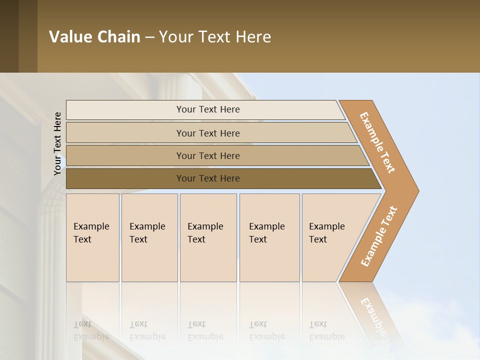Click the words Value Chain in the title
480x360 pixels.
[94, 37]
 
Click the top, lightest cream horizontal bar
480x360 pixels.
[125, 110]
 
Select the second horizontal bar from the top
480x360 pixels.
[125, 133]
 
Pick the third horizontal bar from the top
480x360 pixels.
[125, 155]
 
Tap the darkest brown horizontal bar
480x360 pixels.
[125, 178]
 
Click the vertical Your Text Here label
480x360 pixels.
[58, 143]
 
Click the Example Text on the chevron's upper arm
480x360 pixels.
[377, 142]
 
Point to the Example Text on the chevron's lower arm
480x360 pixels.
[378, 236]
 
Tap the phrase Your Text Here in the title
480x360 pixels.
[215, 37]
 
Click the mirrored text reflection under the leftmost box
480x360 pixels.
[91, 330]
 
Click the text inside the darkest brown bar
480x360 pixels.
[208, 178]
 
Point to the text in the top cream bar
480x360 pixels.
[208, 109]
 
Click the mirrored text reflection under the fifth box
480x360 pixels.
[326, 330]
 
